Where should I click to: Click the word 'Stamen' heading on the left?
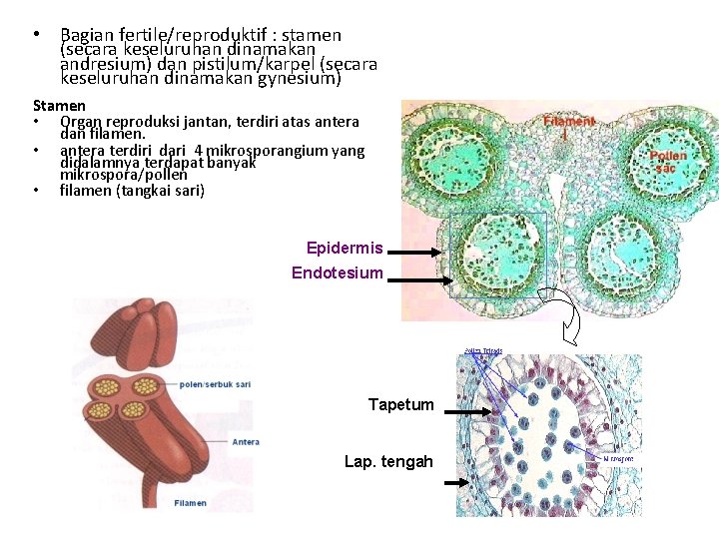(59, 105)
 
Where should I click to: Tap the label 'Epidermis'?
(345, 248)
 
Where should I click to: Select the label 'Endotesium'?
(337, 272)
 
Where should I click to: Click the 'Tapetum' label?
(400, 404)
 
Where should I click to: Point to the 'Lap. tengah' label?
(388, 461)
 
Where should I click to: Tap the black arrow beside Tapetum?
(468, 411)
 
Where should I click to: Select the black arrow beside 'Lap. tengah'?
(456, 482)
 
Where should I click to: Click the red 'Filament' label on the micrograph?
(569, 121)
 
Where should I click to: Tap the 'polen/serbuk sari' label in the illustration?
(215, 383)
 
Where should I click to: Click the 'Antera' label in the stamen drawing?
(246, 442)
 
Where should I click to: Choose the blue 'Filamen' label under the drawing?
(191, 503)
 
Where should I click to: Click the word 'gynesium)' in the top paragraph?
(300, 77)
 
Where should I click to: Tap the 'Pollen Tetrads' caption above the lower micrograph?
(483, 350)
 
